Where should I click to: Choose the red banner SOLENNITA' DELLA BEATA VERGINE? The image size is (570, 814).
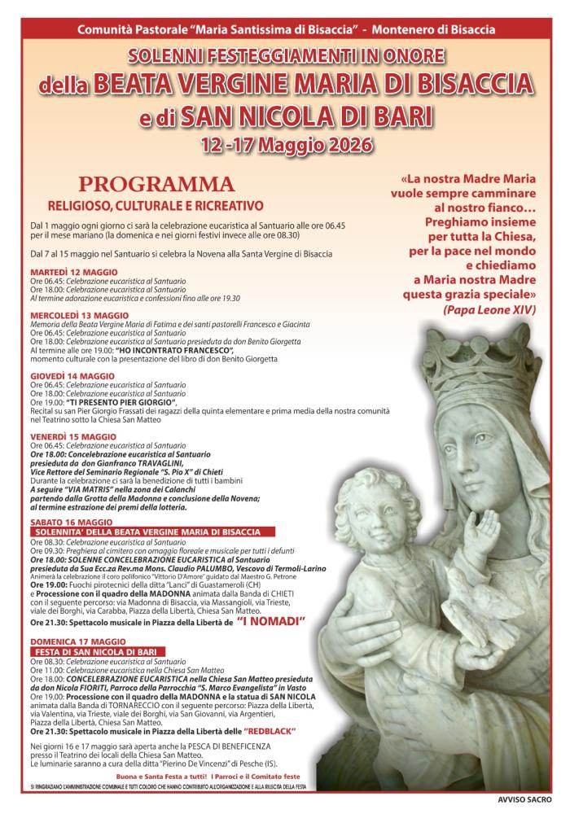click(x=147, y=532)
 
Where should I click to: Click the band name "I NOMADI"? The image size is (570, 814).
click(x=271, y=621)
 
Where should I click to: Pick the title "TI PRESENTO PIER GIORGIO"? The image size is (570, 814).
click(x=122, y=402)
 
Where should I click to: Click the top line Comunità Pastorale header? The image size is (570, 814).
click(x=285, y=29)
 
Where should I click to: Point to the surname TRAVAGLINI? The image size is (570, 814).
click(x=173, y=462)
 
